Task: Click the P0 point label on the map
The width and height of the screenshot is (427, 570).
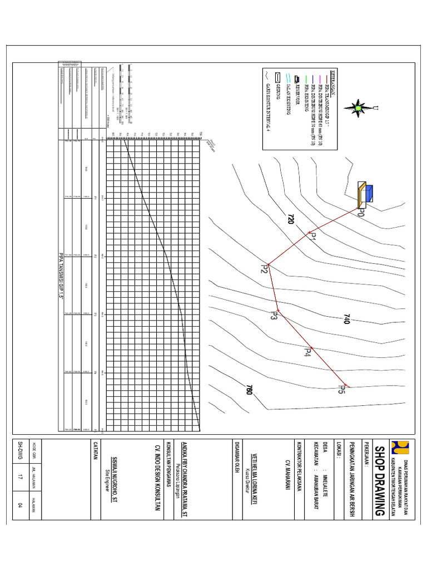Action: [x=361, y=214]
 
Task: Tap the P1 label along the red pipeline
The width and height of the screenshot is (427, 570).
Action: [x=312, y=238]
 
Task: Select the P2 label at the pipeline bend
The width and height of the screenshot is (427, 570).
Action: [x=265, y=269]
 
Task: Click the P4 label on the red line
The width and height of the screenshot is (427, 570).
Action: [x=307, y=351]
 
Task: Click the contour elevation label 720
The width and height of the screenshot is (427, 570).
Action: [x=290, y=219]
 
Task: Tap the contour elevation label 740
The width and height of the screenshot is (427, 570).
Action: [x=347, y=320]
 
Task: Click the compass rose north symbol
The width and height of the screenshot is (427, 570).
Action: [x=359, y=107]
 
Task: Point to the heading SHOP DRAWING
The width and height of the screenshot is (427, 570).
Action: [x=379, y=480]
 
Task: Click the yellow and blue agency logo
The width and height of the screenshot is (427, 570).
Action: [x=398, y=448]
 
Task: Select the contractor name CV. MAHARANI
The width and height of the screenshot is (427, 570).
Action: [x=288, y=479]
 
